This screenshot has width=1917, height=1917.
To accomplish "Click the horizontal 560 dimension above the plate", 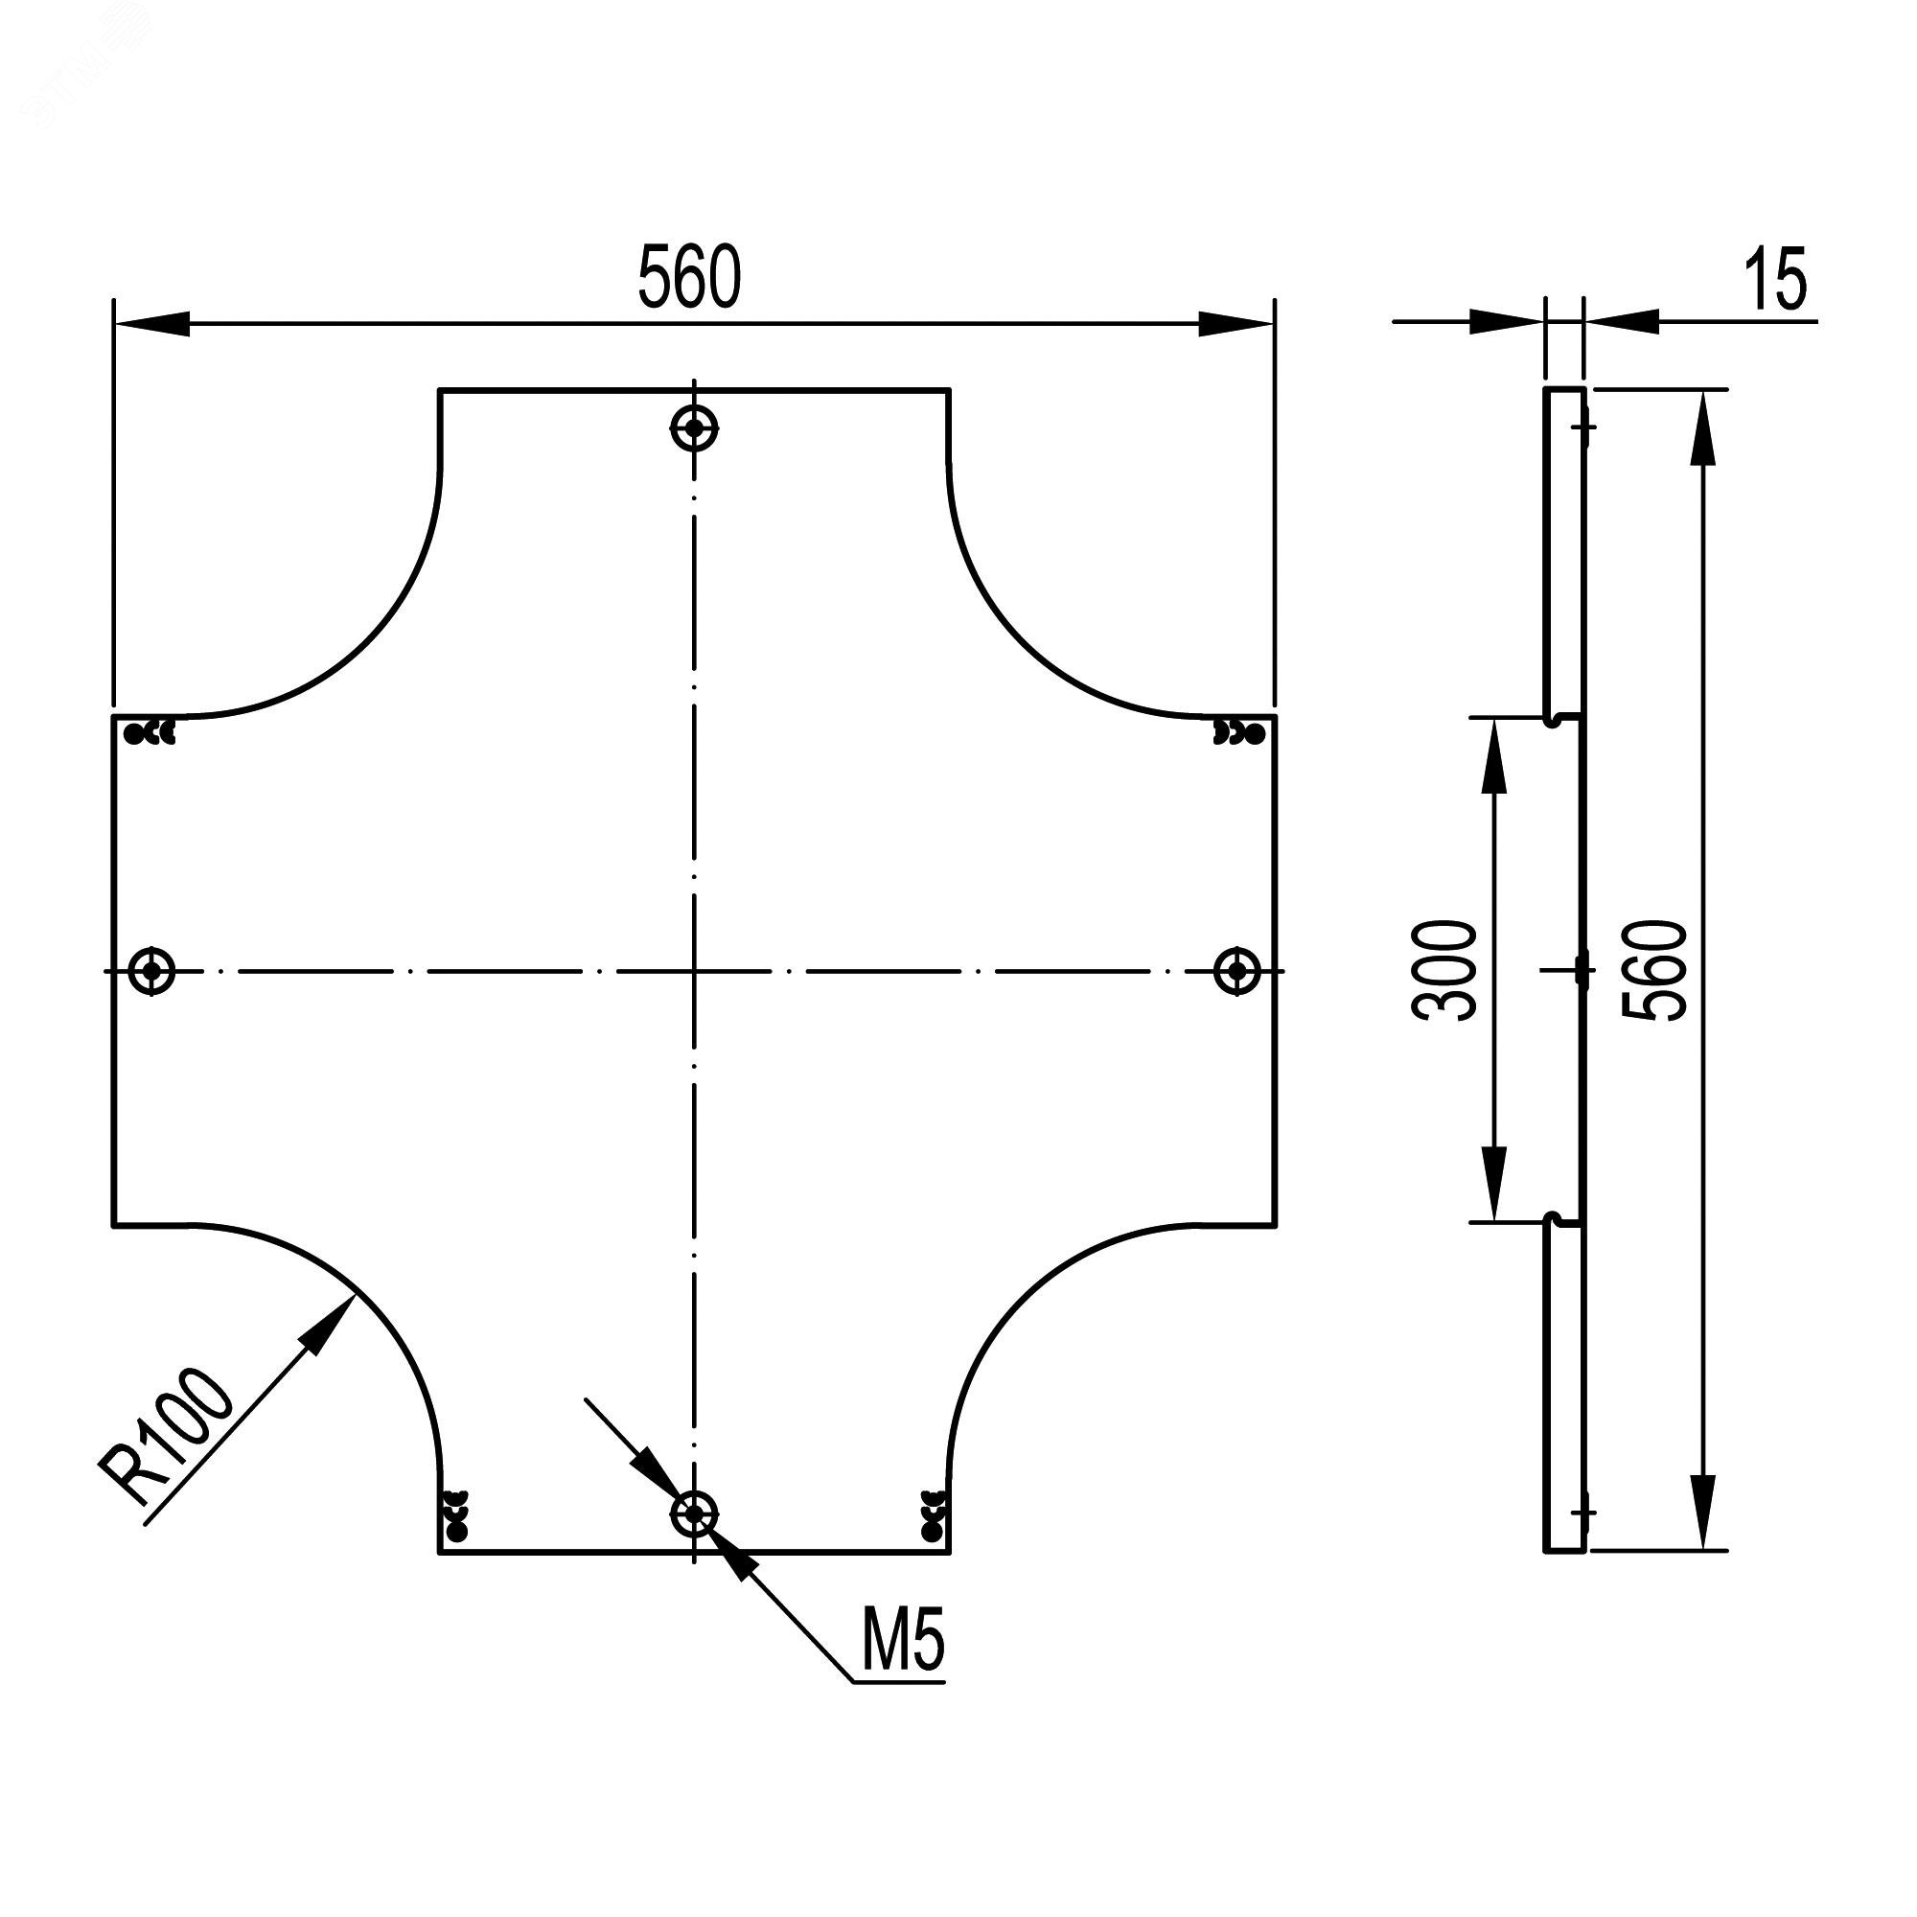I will [x=688, y=277].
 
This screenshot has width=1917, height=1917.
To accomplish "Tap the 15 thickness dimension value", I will [x=1775, y=281].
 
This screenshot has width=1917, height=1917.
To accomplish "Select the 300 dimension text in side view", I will [x=1444, y=969].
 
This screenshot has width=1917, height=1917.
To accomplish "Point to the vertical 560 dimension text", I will [x=1654, y=969].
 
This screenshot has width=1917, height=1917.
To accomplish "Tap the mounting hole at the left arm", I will [x=151, y=969].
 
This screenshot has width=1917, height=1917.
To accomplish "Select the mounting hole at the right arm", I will [x=1237, y=969].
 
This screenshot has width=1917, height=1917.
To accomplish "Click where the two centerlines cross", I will [x=695, y=970].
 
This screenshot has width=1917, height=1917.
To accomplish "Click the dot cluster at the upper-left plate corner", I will [x=150, y=733].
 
